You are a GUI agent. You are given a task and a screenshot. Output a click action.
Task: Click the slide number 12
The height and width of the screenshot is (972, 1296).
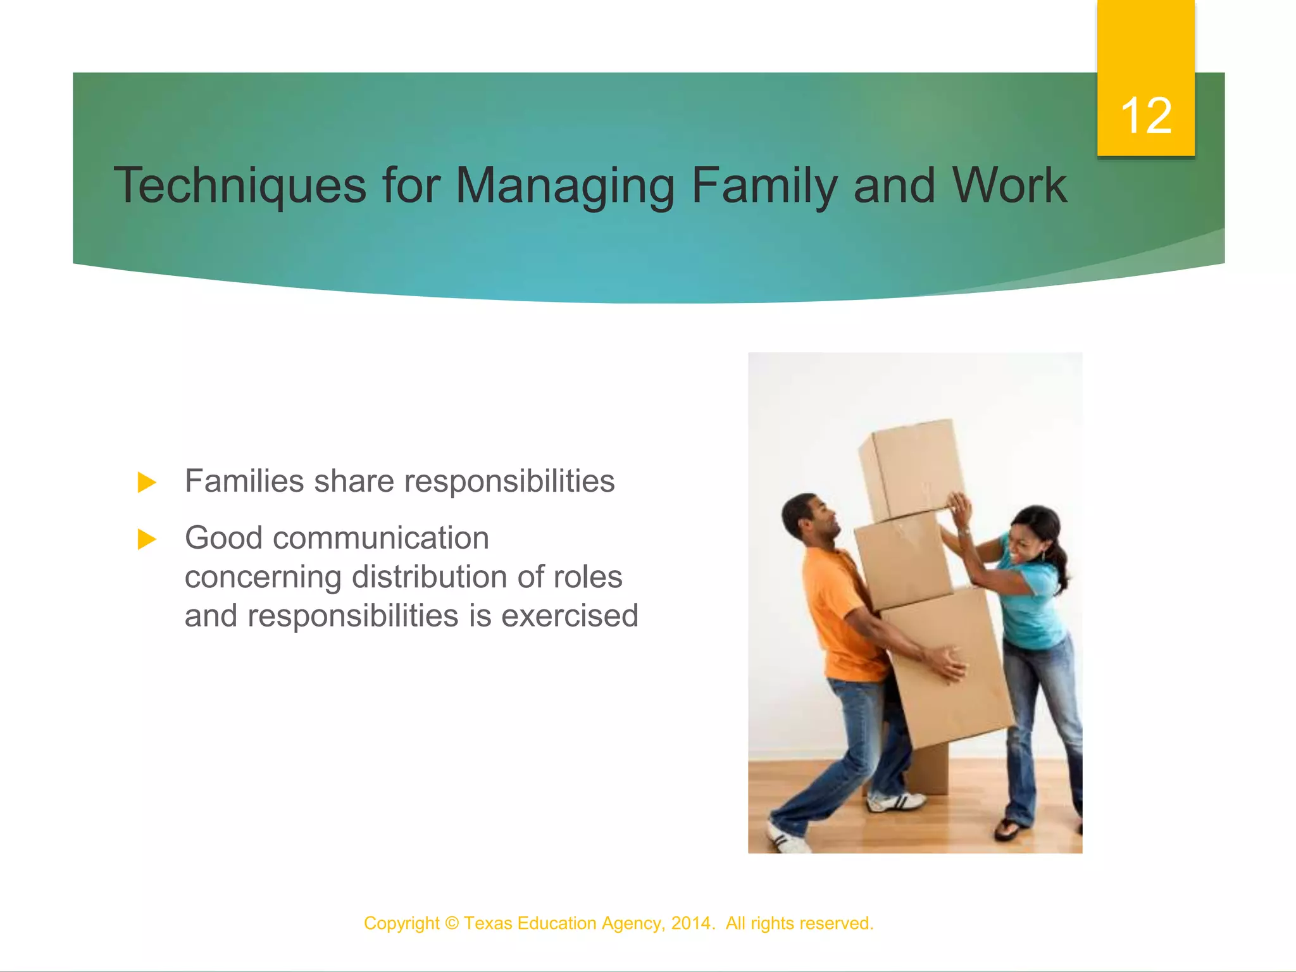(x=1145, y=116)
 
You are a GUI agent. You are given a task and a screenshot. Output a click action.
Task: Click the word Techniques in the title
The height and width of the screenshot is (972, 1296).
(x=240, y=185)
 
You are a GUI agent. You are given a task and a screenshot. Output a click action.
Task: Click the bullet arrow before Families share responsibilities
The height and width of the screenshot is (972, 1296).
(x=147, y=483)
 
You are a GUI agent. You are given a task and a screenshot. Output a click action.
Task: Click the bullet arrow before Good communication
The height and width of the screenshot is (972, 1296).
(x=147, y=540)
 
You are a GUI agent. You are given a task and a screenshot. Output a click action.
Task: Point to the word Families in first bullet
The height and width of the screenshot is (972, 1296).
(x=244, y=481)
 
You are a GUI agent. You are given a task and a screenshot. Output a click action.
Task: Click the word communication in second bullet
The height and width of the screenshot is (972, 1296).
(x=380, y=539)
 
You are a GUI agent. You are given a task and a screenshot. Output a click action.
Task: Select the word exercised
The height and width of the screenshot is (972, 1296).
(x=570, y=616)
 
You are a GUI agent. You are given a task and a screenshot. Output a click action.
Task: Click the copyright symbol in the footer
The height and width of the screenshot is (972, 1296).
(x=451, y=923)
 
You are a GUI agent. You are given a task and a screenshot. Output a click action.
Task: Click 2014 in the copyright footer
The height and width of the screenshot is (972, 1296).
(x=691, y=923)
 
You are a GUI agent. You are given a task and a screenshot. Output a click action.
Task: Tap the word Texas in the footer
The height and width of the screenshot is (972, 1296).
(x=487, y=923)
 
